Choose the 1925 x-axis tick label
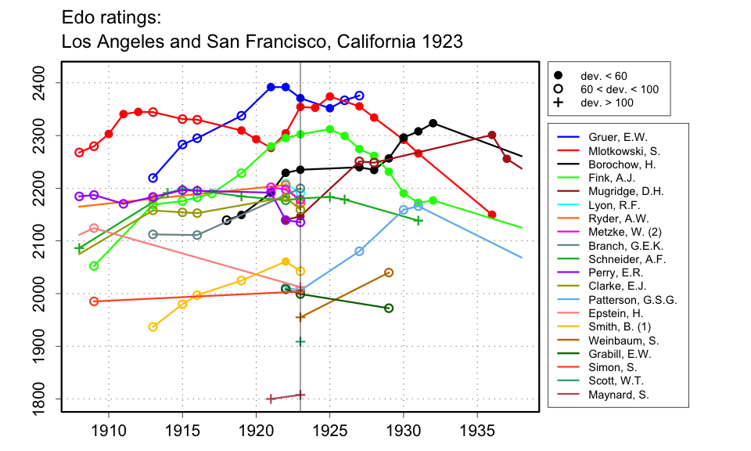329,430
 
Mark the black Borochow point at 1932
433,123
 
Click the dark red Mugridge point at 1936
492,135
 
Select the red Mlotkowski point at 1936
492,215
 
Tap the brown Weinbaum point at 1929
389,272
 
